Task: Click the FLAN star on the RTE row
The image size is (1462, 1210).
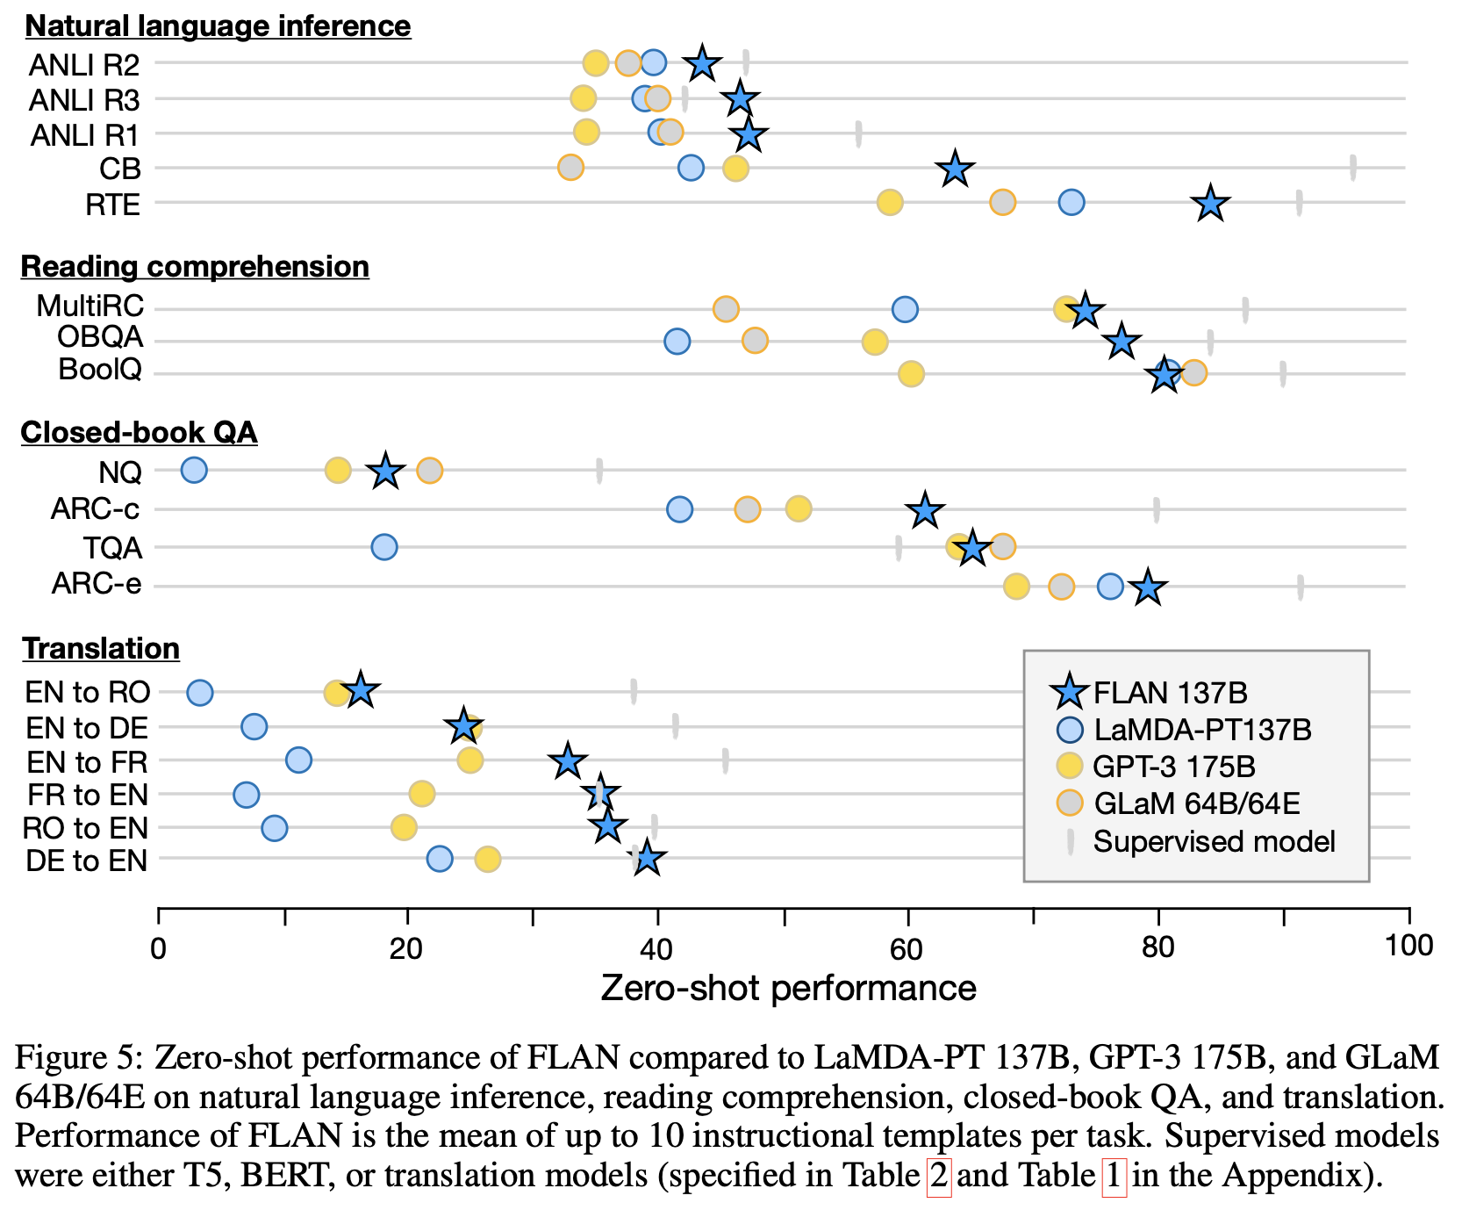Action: (x=1211, y=204)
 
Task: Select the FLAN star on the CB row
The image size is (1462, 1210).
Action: (x=955, y=169)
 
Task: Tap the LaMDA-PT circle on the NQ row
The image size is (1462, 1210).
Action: (x=194, y=470)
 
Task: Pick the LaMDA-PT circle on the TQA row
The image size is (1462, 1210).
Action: (x=384, y=547)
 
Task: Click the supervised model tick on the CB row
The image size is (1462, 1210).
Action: (x=1352, y=168)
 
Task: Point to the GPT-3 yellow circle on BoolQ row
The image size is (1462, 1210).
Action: (x=911, y=374)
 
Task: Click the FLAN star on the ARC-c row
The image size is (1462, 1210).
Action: (x=925, y=510)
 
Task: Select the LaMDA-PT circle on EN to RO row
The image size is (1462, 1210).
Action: (x=200, y=692)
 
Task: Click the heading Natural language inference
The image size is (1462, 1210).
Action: (x=218, y=26)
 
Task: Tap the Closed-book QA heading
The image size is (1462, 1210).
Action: (x=139, y=432)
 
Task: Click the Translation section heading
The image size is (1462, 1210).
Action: (x=101, y=648)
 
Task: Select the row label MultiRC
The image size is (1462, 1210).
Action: (x=90, y=306)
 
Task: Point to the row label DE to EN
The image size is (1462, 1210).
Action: (x=86, y=861)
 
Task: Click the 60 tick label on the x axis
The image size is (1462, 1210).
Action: (x=907, y=946)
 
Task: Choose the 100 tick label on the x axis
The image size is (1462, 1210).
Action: (x=1408, y=946)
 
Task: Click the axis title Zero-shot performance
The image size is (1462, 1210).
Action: (x=788, y=989)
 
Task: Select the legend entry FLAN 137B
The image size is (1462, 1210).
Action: (x=1170, y=693)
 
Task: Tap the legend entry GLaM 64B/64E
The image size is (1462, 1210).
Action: (x=1196, y=803)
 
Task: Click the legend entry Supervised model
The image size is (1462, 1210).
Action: (x=1214, y=841)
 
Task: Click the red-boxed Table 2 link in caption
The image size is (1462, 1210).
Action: (x=938, y=1175)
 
